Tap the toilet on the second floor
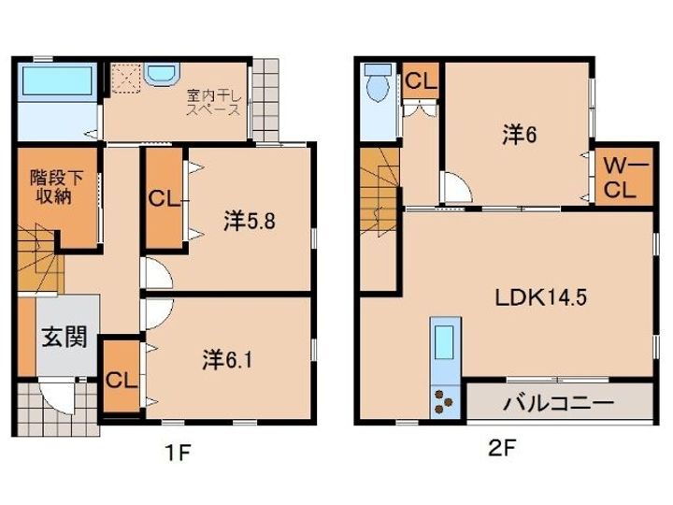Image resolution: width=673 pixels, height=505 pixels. [379, 86]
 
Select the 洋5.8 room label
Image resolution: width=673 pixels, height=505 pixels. [248, 222]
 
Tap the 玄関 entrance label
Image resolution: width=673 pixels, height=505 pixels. [64, 337]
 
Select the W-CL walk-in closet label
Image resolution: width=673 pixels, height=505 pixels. [619, 178]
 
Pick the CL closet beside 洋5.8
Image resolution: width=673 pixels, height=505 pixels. [164, 200]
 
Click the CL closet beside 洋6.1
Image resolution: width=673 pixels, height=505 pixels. [119, 380]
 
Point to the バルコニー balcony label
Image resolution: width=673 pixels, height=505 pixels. [558, 404]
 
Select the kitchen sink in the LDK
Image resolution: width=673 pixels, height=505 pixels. [443, 341]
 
